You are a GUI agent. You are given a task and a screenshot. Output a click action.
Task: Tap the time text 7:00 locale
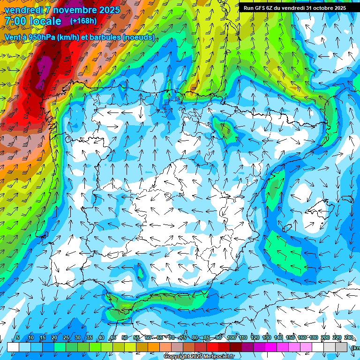point(33,21)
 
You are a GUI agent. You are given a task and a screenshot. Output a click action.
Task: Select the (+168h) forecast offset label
point(83,21)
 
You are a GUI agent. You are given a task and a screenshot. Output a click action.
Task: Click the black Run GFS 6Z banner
point(295,7)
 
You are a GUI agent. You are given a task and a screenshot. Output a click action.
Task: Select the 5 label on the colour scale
point(18,338)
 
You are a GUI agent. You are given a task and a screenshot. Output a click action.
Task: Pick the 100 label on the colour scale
point(232,338)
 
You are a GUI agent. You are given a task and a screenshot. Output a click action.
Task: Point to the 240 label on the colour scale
point(349,338)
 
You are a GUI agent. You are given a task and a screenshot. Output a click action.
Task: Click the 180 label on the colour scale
point(314,338)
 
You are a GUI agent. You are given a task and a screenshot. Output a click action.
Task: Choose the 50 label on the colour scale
point(124,338)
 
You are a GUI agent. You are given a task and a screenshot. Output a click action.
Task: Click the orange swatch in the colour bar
point(154,347)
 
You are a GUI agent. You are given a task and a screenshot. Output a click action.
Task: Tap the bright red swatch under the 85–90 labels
point(212,347)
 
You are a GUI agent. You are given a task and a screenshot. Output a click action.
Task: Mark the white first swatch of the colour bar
point(13,347)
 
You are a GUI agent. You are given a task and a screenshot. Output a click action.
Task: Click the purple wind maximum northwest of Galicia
point(45,66)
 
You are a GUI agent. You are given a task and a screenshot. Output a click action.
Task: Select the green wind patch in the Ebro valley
point(227,128)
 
